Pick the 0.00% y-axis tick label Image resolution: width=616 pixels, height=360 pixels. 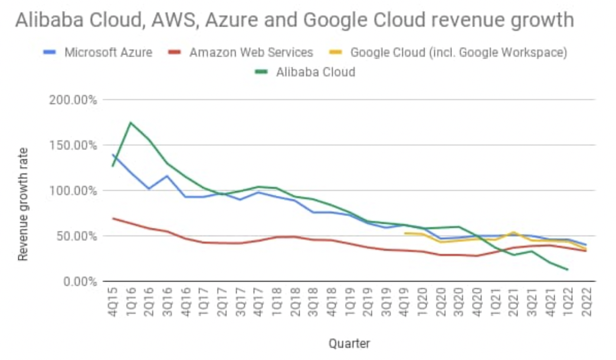click(x=80, y=282)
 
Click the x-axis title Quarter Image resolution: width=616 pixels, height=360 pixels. click(x=349, y=343)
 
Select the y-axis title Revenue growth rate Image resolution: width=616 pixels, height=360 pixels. click(x=23, y=203)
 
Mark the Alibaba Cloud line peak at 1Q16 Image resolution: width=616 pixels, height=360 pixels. click(x=130, y=123)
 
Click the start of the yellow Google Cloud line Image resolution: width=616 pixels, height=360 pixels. click(x=404, y=233)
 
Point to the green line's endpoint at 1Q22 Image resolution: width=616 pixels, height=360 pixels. click(x=568, y=270)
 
